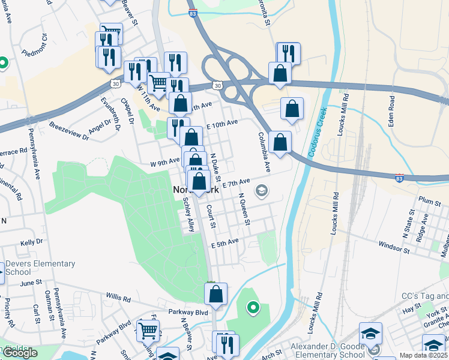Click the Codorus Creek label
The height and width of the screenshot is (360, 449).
coord(317,133)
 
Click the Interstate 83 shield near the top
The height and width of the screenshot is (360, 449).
coord(193,12)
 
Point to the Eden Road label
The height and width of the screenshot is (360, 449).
coord(391,111)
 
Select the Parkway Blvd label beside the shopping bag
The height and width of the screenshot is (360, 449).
coord(188,312)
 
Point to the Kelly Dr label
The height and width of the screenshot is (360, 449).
coord(31,242)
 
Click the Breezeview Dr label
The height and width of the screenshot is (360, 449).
coord(69,133)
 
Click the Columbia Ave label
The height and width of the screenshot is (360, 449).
coord(264,152)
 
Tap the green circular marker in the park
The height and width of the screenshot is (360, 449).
coord(253,308)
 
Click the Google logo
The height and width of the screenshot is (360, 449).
coord(20,353)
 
